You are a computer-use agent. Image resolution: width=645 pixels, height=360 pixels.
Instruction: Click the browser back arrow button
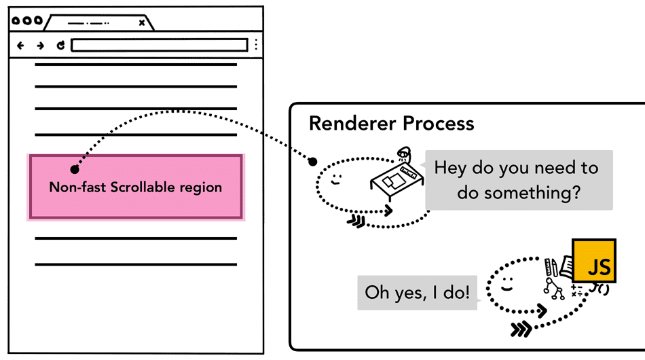[x=20, y=46]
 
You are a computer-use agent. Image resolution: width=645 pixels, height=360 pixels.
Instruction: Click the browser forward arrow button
[x=40, y=46]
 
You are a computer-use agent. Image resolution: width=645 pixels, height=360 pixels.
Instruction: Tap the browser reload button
[x=60, y=46]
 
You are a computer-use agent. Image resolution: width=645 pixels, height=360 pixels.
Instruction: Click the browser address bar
[x=159, y=46]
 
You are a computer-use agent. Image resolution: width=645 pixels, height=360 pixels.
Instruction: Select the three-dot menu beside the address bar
[x=256, y=46]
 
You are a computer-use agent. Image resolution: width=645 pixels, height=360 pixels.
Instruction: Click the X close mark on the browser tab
[x=141, y=22]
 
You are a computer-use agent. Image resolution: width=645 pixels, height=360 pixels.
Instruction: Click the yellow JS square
[x=594, y=261]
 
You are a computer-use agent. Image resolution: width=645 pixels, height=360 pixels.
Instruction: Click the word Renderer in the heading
[x=350, y=124]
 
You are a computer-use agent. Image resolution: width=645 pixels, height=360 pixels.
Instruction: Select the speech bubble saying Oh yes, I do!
[x=417, y=293]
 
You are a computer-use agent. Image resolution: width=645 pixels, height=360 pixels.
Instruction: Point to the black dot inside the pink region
[x=74, y=169]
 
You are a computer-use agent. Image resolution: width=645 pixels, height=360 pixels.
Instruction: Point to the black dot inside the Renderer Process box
[x=312, y=162]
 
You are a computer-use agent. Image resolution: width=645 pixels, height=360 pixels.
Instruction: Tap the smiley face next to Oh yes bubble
[x=506, y=286]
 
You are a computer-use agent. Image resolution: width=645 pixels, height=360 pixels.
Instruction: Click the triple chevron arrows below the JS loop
[x=520, y=330]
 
